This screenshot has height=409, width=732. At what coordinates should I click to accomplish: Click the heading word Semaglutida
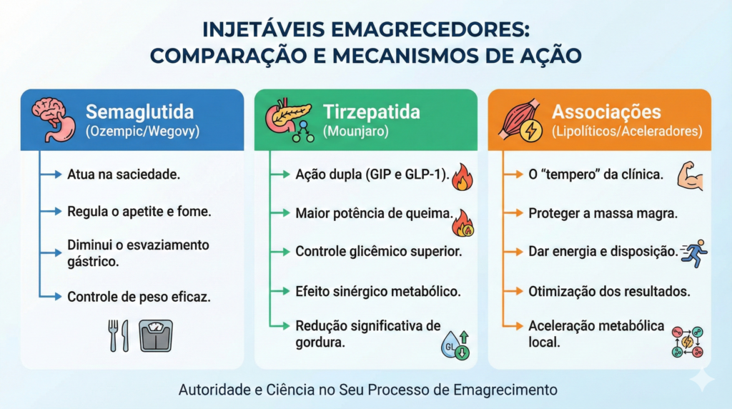pyautogui.click(x=139, y=112)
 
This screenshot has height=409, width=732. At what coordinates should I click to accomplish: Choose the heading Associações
pyautogui.click(x=606, y=112)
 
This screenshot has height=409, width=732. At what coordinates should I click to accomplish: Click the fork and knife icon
pyautogui.click(x=119, y=335)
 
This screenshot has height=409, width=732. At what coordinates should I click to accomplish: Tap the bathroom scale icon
pyautogui.click(x=156, y=335)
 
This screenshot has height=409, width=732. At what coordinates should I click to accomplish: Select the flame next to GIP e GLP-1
pyautogui.click(x=463, y=176)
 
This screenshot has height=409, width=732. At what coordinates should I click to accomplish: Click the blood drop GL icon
pyautogui.click(x=455, y=345)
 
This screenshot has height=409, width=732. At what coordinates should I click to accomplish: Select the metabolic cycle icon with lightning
pyautogui.click(x=687, y=342)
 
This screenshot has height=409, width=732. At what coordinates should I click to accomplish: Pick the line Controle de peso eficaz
pyautogui.click(x=139, y=296)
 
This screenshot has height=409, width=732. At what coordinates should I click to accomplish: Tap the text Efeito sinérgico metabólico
pyautogui.click(x=377, y=291)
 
